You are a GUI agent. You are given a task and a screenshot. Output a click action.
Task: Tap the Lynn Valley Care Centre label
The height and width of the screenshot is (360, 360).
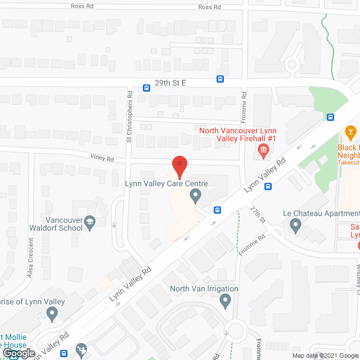coord(166,184)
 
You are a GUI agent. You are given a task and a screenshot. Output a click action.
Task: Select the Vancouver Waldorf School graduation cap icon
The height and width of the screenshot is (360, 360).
coord(89,224)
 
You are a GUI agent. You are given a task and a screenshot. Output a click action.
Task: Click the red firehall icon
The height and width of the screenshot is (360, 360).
coord(263,150)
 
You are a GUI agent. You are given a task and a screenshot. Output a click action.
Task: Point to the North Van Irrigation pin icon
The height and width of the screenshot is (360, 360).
coord(226,302)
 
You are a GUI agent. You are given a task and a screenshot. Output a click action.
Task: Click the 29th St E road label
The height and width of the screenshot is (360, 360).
coord(170,83)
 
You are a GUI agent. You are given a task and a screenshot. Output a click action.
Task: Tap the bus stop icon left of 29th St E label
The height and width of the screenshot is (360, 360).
coord(146,88)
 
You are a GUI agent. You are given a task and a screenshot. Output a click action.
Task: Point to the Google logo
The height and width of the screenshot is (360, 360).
coord(18,353)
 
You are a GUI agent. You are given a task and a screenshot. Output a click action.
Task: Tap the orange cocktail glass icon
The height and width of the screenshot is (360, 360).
coord(350,133)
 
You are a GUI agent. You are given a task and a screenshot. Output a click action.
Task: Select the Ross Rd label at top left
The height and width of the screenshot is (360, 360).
coord(82,6)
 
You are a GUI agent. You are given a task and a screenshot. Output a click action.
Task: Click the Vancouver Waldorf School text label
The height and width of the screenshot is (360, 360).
coord(63,224)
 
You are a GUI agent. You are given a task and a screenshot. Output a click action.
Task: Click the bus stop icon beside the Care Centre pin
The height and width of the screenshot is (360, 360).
coord(217,210)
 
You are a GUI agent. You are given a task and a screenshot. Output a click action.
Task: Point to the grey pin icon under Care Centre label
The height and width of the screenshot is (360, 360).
coord(195,196)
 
